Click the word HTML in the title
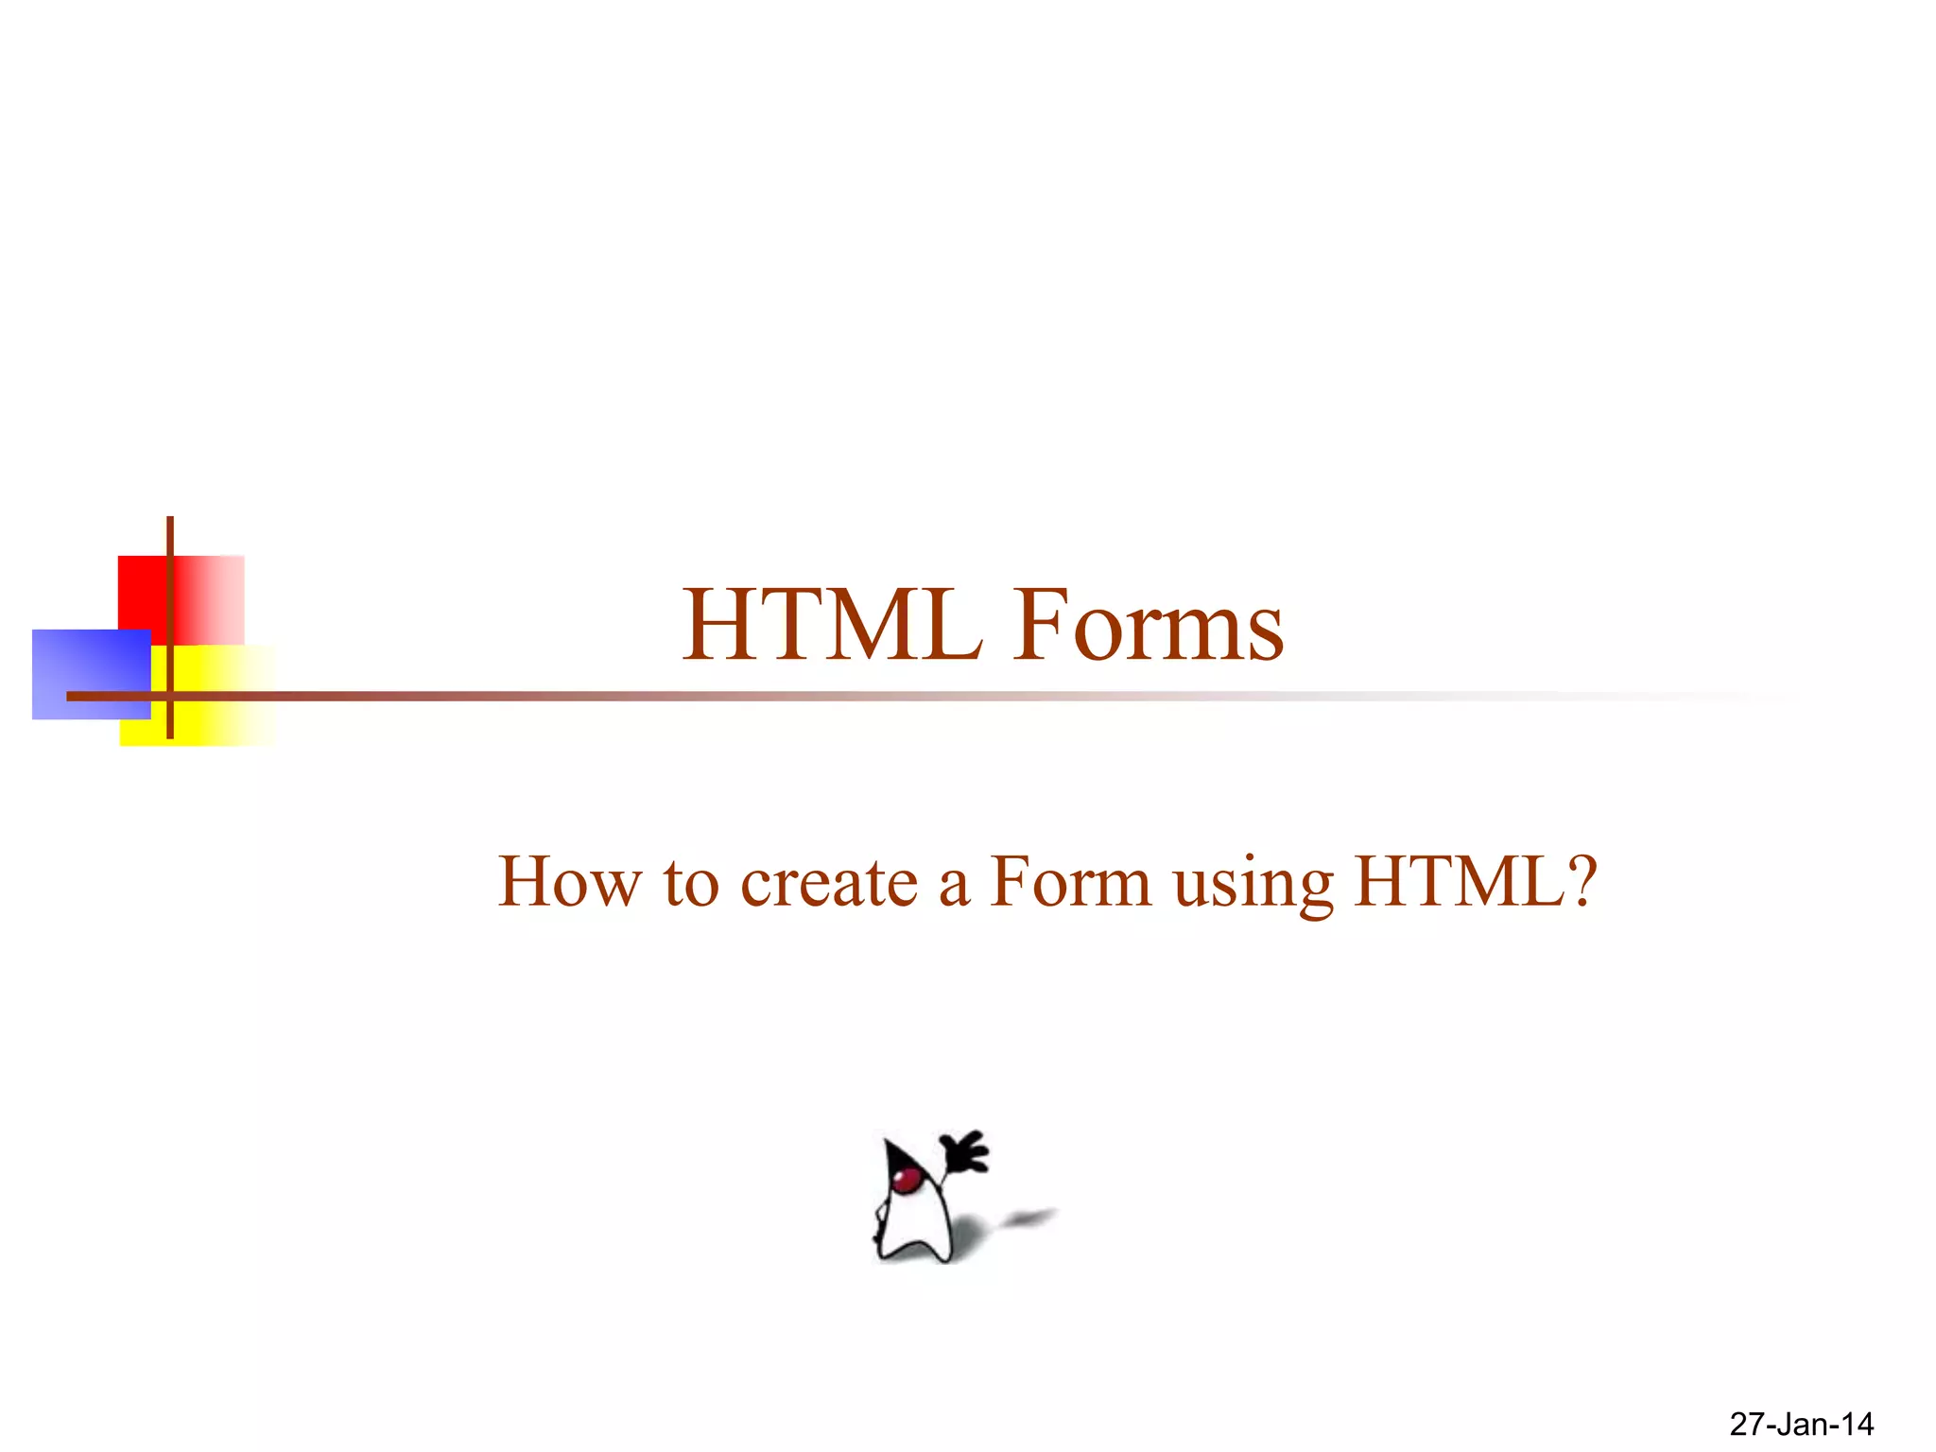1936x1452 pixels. [832, 625]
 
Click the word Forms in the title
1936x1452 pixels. [1149, 625]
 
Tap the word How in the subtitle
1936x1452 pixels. [568, 882]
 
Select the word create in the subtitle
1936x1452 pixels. [829, 882]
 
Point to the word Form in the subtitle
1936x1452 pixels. [1070, 882]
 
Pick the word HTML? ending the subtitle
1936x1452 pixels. [1476, 882]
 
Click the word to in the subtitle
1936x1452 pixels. [690, 882]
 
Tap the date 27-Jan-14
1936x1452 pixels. [1801, 1424]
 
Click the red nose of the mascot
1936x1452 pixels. [908, 1178]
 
